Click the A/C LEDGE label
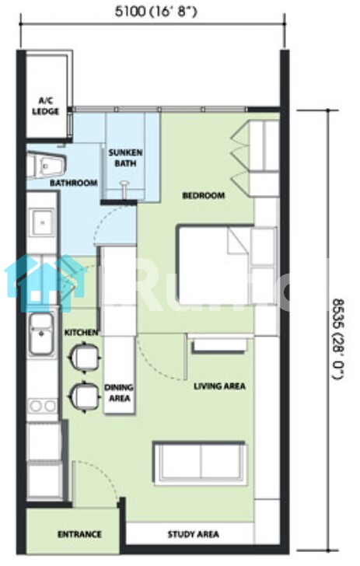click(46, 106)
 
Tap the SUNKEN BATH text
click(125, 158)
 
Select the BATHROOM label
click(74, 183)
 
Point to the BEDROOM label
click(203, 195)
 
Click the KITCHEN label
click(81, 333)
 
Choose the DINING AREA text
click(119, 393)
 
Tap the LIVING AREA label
click(219, 386)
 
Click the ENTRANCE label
click(79, 534)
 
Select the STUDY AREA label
click(193, 534)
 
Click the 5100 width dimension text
click(156, 12)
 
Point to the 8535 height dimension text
click(338, 339)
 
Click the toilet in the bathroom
click(47, 166)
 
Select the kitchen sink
click(41, 334)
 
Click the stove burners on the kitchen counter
click(43, 406)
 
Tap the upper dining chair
click(85, 357)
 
